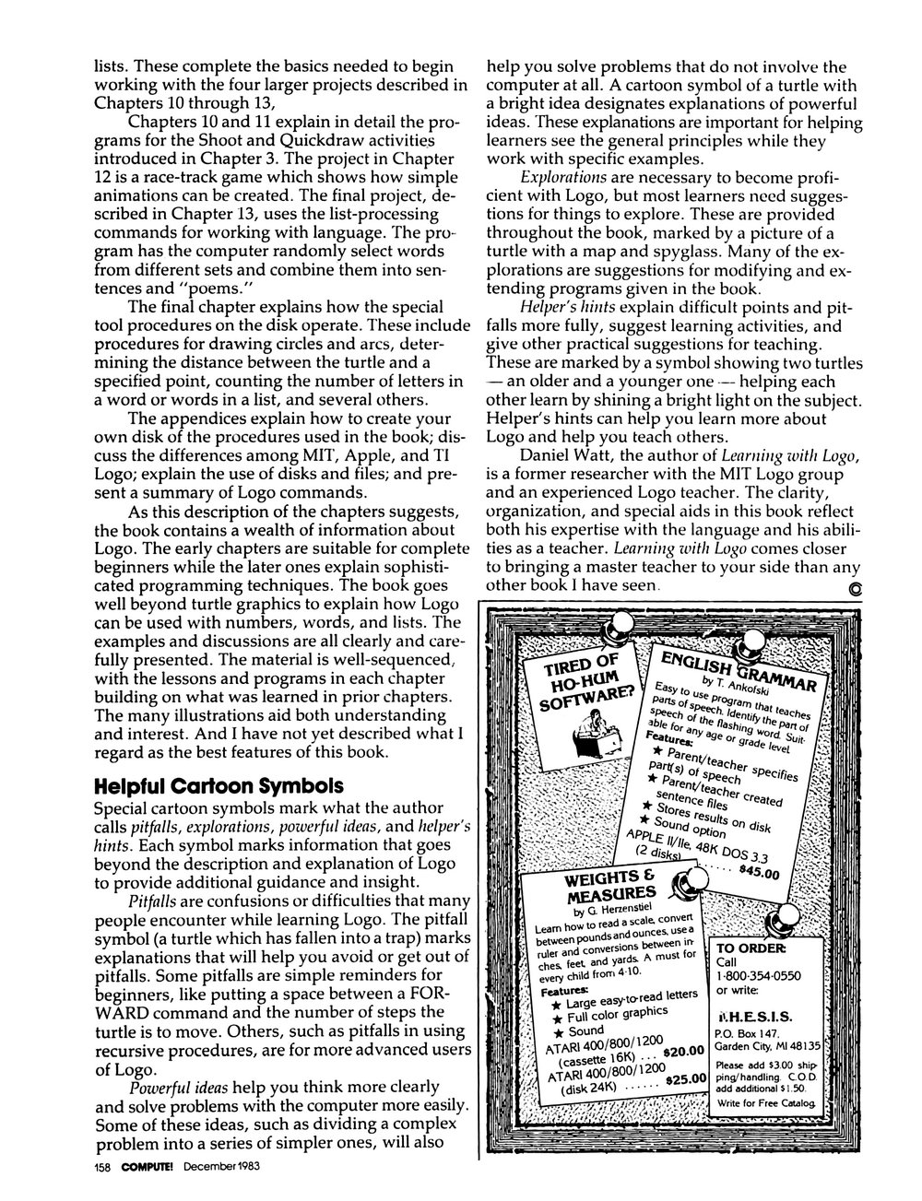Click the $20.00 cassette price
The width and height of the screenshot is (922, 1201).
click(682, 1050)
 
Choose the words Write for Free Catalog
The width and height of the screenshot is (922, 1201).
click(765, 1102)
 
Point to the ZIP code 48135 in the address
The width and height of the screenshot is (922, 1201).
click(815, 1047)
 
